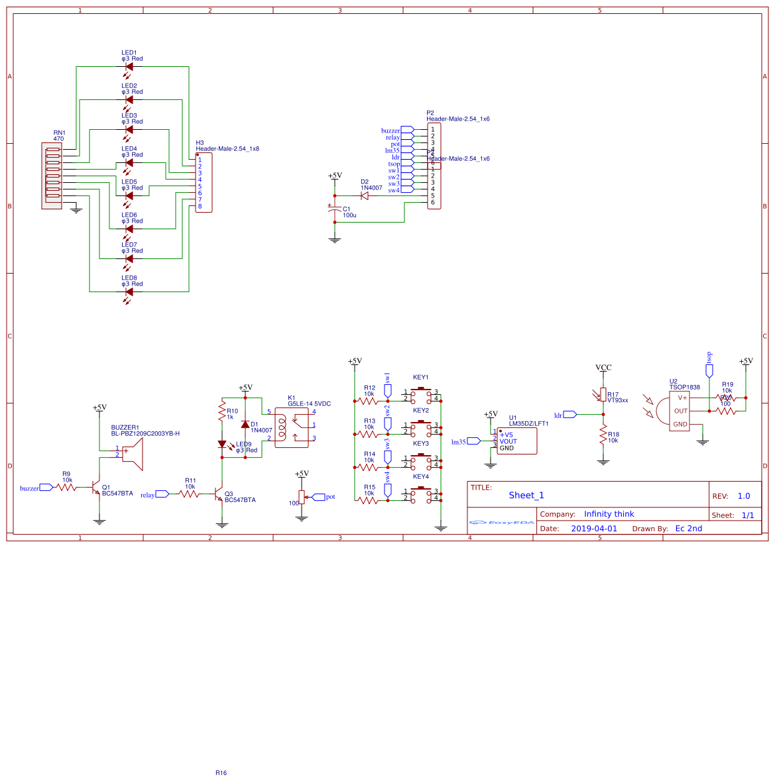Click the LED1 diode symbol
129,67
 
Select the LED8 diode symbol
129,291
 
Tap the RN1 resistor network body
52,176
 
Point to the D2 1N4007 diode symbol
364,195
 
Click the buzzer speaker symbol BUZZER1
132,454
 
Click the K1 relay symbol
294,428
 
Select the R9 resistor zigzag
66,488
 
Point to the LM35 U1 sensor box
516,441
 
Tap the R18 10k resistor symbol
603,435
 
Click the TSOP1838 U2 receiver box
679,411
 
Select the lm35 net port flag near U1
473,441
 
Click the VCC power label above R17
603,368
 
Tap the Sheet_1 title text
526,496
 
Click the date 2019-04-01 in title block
593,529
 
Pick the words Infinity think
609,514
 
